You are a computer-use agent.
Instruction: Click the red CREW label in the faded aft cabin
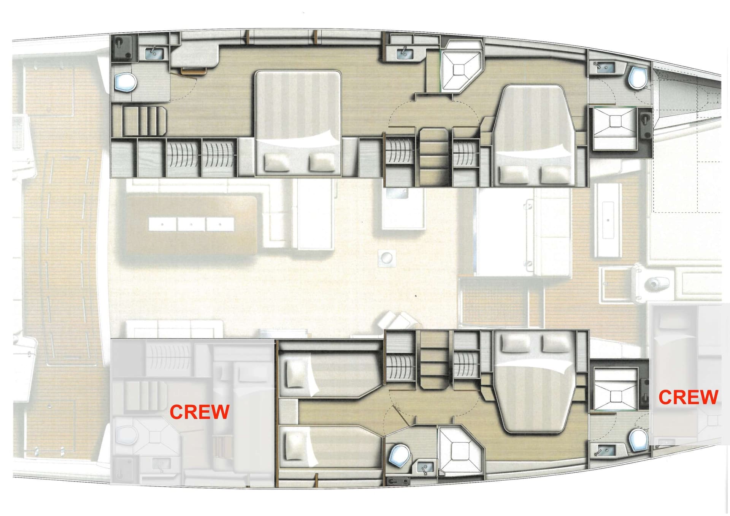pos(199,412)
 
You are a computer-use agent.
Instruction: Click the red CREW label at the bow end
pos(688,397)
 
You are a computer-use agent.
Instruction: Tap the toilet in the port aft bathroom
pos(125,82)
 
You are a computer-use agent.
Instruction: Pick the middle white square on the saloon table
pos(191,224)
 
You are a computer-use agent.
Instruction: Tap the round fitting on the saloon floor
pos(387,258)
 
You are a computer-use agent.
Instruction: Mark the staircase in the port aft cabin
pos(144,121)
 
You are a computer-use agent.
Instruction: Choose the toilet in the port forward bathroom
pos(638,78)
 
